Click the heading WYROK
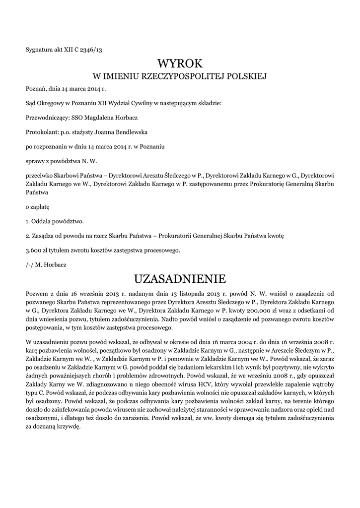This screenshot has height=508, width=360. tap(180, 63)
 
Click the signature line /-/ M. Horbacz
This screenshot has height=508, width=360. tap(46, 264)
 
